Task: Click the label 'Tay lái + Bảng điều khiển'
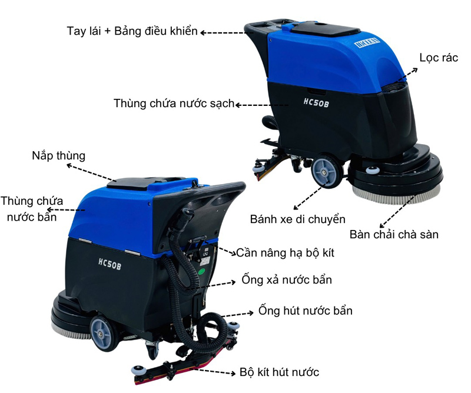pyautogui.click(x=132, y=31)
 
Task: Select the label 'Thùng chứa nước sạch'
pyautogui.click(x=174, y=104)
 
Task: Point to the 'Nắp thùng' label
pyautogui.click(x=58, y=156)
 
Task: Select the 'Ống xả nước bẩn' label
pyautogui.click(x=287, y=279)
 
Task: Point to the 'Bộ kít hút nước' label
pyautogui.click(x=279, y=372)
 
